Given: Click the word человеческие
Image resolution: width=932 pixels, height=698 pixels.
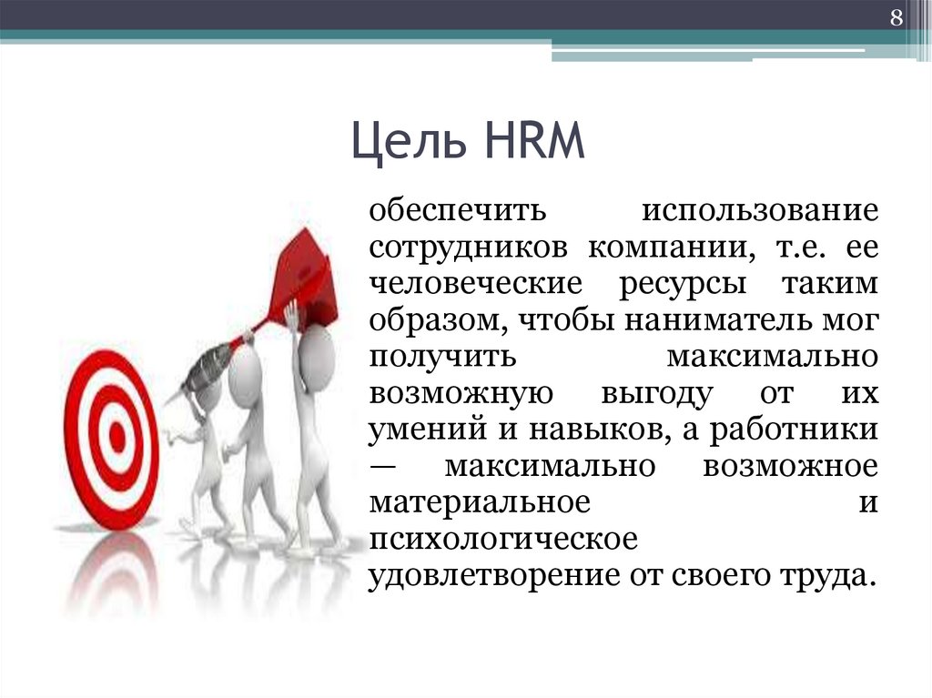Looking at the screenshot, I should [474, 284].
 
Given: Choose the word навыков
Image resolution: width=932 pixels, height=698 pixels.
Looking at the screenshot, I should [595, 430].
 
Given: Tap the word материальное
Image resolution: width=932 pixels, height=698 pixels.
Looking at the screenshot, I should [476, 502].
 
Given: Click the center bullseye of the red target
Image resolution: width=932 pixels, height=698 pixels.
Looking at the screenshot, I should [115, 439].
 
